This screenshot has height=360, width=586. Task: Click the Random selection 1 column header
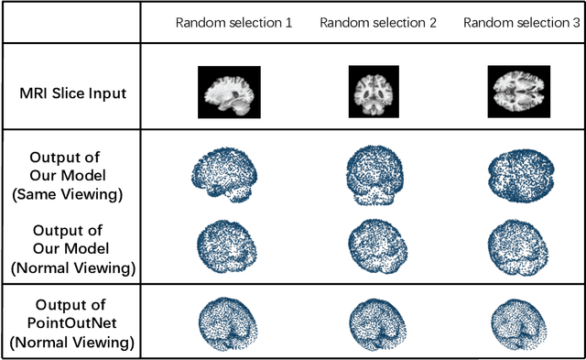click(x=233, y=21)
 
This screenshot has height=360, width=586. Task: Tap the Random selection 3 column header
click(x=519, y=21)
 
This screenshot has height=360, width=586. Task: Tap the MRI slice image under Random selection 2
click(x=375, y=92)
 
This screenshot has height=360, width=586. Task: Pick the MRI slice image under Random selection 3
click(x=518, y=92)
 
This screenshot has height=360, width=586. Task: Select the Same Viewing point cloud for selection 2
click(x=375, y=175)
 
